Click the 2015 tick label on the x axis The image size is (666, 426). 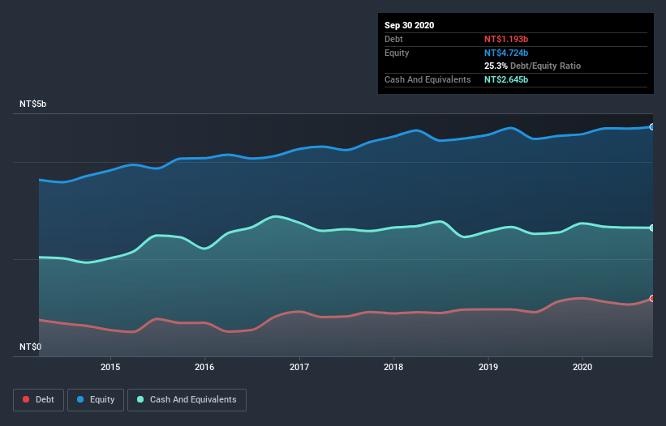[110, 367]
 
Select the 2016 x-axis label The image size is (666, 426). [204, 367]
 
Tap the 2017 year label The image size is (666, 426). [299, 367]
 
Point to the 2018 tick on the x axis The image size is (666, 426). [393, 367]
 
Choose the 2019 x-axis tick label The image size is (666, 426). [488, 367]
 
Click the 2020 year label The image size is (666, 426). [582, 367]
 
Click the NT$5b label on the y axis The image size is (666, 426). [33, 104]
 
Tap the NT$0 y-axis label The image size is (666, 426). [31, 347]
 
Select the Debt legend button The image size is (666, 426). [38, 399]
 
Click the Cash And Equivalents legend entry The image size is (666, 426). [187, 399]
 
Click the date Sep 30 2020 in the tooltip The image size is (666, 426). [410, 25]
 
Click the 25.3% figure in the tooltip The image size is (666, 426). [497, 66]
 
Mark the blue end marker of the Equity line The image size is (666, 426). [652, 127]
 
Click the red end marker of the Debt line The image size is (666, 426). [652, 298]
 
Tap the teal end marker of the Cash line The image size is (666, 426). [652, 228]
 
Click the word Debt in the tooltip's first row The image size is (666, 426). [394, 39]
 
